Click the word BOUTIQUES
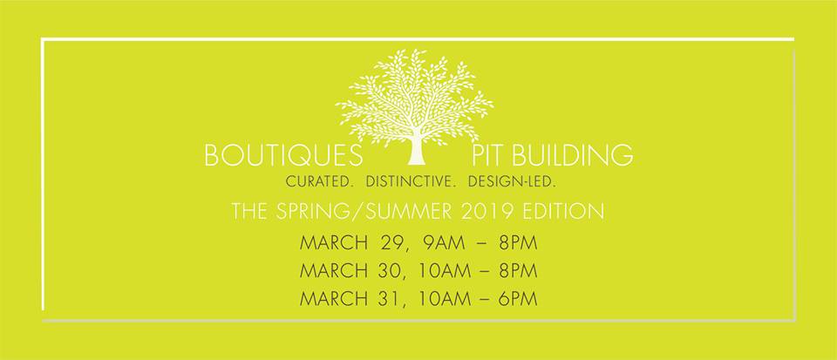283,155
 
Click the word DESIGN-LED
513,182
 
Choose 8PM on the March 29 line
518,242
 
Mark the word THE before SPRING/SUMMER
250,211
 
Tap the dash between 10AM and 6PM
484,299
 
